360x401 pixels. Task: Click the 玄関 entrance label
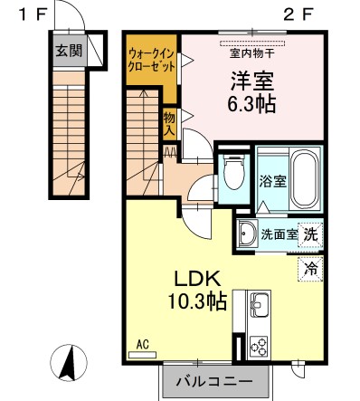[x=66, y=51]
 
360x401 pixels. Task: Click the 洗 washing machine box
[x=310, y=233]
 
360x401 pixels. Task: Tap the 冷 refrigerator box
[x=310, y=268]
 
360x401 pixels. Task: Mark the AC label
[x=142, y=344]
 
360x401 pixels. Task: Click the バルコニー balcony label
[x=215, y=380]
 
